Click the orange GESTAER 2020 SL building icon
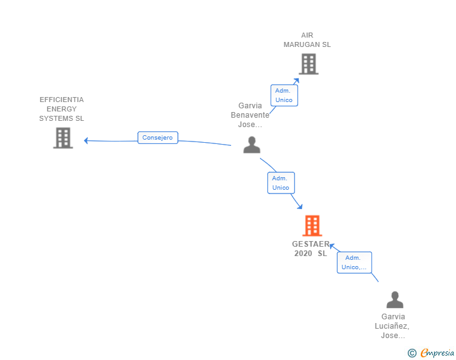click(x=312, y=225)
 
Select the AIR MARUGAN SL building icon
click(x=309, y=64)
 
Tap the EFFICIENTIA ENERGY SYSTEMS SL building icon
click(x=63, y=138)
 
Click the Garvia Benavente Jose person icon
click(x=252, y=145)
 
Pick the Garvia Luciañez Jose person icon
click(x=395, y=299)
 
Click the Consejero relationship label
click(x=158, y=138)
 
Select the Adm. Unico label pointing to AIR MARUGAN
click(x=284, y=95)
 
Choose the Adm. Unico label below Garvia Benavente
click(x=281, y=183)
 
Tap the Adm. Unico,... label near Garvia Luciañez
click(x=355, y=262)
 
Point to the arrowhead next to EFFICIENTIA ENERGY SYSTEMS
click(x=86, y=141)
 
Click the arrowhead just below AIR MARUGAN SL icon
click(x=297, y=81)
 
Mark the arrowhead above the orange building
click(x=300, y=206)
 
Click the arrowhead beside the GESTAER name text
click(x=332, y=247)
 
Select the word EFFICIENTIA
click(x=61, y=100)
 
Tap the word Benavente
click(x=250, y=115)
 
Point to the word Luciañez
click(x=392, y=326)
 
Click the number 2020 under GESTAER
click(x=303, y=254)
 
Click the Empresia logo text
click(x=437, y=352)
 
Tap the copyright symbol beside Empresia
click(x=412, y=353)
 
